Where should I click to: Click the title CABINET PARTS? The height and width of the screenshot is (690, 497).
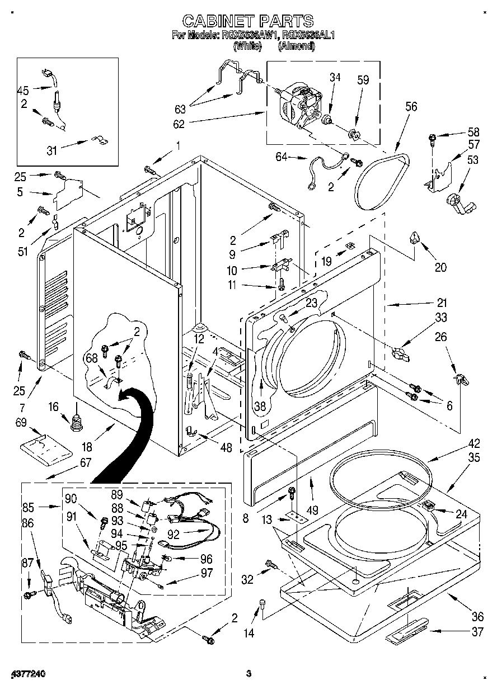pos(248,21)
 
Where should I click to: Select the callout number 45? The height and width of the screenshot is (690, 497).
pos(23,89)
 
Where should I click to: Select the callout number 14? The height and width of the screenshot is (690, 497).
pos(249,633)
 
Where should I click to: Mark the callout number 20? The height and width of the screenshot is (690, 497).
pos(440,267)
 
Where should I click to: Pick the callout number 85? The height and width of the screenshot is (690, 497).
pos(28,508)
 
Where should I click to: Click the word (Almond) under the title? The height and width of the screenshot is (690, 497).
pos(296,46)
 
